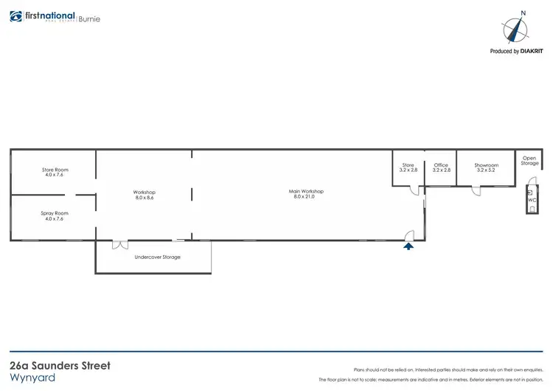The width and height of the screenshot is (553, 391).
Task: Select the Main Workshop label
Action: click(x=306, y=191)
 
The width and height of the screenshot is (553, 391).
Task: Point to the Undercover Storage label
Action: click(x=157, y=257)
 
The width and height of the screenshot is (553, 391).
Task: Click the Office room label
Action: click(x=441, y=165)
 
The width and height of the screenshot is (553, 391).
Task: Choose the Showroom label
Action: click(x=487, y=165)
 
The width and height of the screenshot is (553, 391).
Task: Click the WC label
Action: click(x=532, y=199)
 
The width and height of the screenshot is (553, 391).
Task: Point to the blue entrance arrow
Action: click(x=408, y=246)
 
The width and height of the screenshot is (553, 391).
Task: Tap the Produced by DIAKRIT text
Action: click(x=515, y=52)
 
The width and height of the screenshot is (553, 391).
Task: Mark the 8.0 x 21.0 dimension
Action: click(x=306, y=196)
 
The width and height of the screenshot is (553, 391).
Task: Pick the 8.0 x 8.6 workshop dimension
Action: click(x=145, y=197)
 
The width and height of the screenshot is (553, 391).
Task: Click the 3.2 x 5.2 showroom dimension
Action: click(x=487, y=170)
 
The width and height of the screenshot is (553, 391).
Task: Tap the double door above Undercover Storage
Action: click(x=119, y=244)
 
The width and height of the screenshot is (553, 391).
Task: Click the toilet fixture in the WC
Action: click(x=532, y=207)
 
